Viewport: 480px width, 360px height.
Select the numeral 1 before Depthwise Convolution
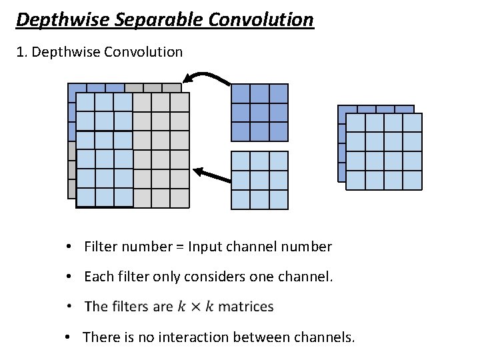(x=21, y=52)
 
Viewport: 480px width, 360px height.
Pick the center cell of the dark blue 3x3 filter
(x=259, y=112)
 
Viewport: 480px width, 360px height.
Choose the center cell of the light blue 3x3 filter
(x=259, y=180)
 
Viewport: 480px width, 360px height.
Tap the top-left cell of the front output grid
(x=356, y=123)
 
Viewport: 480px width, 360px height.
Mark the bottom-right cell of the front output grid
(x=412, y=180)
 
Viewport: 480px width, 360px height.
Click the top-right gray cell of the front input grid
(x=180, y=102)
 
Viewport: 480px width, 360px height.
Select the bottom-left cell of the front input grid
(x=86, y=197)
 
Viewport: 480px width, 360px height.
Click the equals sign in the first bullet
(x=180, y=247)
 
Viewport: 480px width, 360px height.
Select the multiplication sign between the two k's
(x=196, y=307)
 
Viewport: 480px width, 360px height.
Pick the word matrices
(x=246, y=307)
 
